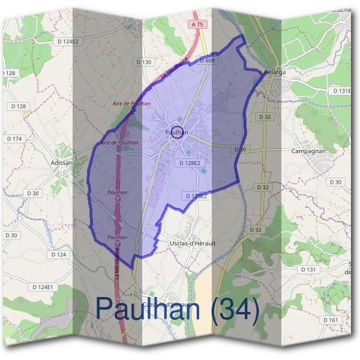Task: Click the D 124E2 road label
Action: [x=67, y=41]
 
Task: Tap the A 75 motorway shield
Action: [x=198, y=25]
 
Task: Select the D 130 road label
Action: [x=144, y=62]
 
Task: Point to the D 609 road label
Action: [x=206, y=61]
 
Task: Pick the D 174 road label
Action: [x=14, y=139]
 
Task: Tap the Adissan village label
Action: [x=61, y=162]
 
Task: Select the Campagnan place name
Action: [x=308, y=152]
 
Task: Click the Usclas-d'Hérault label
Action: [x=188, y=243]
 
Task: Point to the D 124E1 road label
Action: [x=43, y=287]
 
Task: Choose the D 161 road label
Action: [x=329, y=320]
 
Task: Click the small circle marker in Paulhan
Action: [x=176, y=133]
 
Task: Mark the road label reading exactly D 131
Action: [x=308, y=269]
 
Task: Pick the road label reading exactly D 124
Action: [x=58, y=254]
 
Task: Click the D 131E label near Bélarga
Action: [x=341, y=91]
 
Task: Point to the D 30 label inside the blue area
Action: [x=241, y=149]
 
